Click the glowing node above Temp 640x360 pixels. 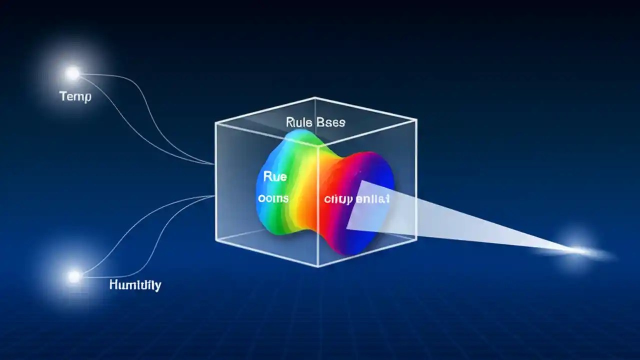coord(72,74)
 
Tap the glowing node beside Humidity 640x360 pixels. coord(74,276)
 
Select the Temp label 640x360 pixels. coord(75,96)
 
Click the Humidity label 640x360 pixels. coord(135,285)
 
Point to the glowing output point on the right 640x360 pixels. coord(580,250)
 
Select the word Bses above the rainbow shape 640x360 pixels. coord(330,121)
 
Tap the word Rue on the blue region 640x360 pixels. coord(274,176)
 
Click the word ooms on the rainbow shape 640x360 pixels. coord(273,198)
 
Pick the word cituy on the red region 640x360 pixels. coord(337,199)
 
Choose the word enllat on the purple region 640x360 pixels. coord(373,199)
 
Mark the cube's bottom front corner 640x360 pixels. coord(318,266)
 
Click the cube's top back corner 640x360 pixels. coord(315,98)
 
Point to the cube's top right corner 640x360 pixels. coord(416,120)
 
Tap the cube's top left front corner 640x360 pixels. coord(215,122)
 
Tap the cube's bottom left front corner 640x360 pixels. coord(216,241)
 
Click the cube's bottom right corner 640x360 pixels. coord(416,239)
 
